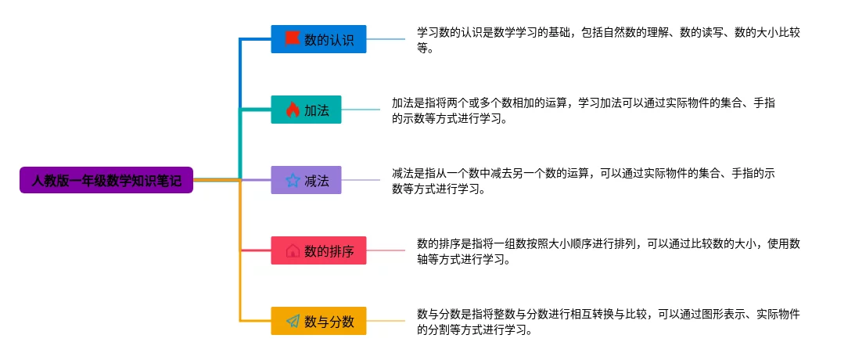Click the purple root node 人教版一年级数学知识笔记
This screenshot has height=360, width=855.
[x=106, y=180]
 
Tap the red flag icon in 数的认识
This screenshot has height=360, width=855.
[x=292, y=38]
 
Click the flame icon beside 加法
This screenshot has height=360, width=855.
[x=292, y=110]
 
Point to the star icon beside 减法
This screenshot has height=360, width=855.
[x=292, y=181]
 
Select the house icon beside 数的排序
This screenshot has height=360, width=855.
[x=292, y=251]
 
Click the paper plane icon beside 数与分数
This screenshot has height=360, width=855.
[x=292, y=322]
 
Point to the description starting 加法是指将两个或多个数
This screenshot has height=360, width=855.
[x=583, y=110]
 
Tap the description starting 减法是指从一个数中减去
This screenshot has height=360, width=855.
[x=583, y=181]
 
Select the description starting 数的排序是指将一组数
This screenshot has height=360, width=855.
[x=608, y=251]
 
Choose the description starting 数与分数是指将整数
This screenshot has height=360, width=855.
[x=608, y=322]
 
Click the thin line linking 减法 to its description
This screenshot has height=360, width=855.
[x=360, y=181]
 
